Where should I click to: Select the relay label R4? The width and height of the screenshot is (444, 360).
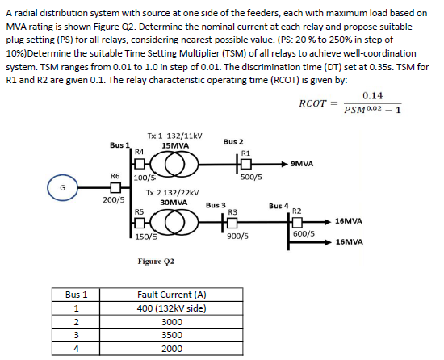139,150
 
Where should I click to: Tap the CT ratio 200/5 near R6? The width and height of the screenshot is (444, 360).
113,199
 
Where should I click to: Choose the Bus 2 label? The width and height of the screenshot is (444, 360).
232,141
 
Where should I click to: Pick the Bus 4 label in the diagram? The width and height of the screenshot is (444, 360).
279,206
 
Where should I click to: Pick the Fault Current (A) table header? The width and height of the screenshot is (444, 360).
172,295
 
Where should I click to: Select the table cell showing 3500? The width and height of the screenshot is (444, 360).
172,335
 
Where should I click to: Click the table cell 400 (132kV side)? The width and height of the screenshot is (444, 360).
172,308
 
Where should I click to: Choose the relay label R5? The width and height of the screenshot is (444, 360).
138,212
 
